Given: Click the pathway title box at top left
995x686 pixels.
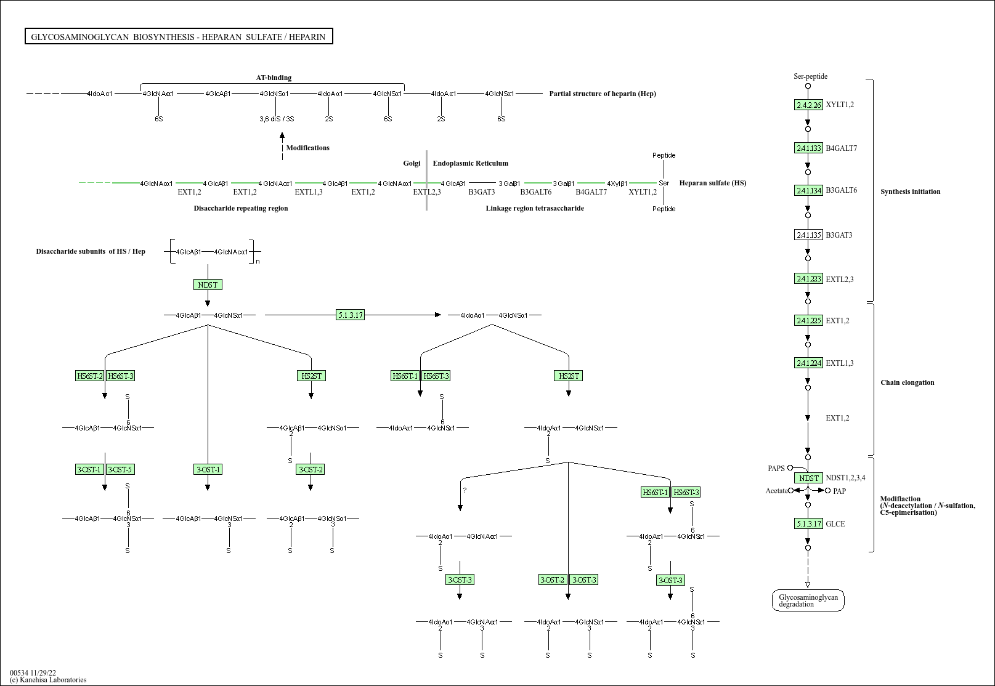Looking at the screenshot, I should click(179, 37).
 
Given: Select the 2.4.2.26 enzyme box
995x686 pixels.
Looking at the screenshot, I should click(808, 105).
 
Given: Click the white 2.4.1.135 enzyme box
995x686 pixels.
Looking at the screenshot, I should click(808, 235).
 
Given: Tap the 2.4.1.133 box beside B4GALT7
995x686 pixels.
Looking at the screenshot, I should click(808, 148).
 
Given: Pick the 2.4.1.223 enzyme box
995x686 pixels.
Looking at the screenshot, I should click(808, 279).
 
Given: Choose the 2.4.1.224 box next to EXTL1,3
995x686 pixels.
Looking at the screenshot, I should click(808, 363).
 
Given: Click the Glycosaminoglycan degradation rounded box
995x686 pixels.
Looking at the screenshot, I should click(808, 600).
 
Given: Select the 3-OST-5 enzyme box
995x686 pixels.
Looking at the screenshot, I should click(120, 469).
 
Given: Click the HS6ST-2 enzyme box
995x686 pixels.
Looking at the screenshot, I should click(89, 376).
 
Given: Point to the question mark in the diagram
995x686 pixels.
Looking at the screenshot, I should click(465, 491).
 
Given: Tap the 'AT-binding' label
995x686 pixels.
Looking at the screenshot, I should click(274, 78).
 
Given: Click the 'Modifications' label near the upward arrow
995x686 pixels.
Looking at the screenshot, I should click(307, 148).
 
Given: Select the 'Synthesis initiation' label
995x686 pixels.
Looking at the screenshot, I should click(910, 192).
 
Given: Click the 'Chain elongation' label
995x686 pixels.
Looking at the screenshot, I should click(907, 382).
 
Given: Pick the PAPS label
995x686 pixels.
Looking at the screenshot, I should click(776, 469).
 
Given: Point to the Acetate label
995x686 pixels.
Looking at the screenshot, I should click(776, 491).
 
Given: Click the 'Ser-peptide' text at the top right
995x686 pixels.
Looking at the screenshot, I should click(810, 76).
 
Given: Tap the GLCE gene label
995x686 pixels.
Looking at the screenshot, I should click(835, 524).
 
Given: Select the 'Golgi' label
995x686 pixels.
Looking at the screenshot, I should click(412, 163).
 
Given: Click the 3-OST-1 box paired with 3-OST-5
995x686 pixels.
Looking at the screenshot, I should click(89, 469).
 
